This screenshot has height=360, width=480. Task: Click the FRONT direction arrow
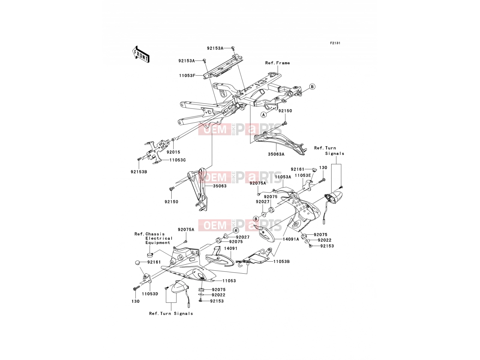[141, 55]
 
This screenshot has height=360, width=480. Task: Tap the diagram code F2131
[335, 43]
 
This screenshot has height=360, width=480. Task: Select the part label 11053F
[187, 76]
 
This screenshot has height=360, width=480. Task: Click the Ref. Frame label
[277, 63]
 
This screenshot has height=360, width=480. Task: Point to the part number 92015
[173, 152]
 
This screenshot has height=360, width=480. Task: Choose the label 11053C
[178, 160]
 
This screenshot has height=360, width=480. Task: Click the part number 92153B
[139, 172]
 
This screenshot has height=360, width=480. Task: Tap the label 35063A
[276, 154]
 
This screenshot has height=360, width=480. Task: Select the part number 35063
[220, 186]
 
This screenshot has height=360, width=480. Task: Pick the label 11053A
[283, 177]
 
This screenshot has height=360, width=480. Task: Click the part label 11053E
[303, 175]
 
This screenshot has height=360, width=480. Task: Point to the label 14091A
[291, 239]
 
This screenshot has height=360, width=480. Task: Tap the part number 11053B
[282, 261]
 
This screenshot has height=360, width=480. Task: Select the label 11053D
[150, 294]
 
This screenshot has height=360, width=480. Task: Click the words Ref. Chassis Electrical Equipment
[154, 238]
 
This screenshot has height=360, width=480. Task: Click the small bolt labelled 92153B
[139, 159]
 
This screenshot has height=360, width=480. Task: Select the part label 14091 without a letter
[230, 248]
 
